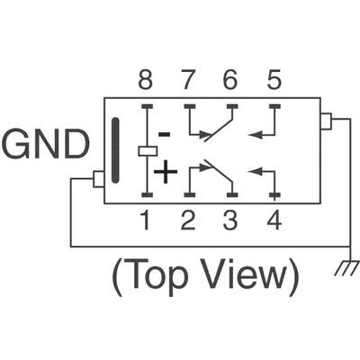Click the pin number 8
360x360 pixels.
click(145, 81)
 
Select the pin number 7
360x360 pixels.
click(188, 81)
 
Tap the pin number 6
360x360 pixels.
click(230, 81)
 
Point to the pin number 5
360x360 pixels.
click(274, 81)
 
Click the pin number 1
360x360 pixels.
click(145, 220)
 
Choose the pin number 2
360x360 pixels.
click(188, 220)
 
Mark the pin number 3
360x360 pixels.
click(230, 220)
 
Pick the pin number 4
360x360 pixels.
click(274, 220)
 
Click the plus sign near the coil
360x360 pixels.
click(166, 171)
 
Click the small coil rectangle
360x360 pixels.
click(146, 150)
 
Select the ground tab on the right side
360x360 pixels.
click(327, 121)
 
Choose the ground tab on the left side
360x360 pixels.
click(99, 179)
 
